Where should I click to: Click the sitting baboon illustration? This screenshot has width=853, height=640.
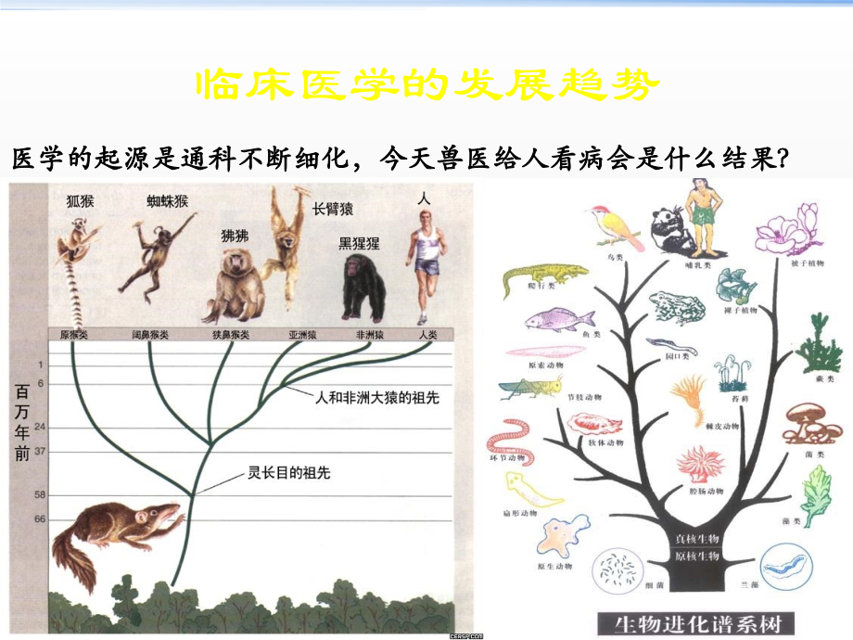point(233,283)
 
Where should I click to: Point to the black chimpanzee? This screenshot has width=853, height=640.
point(363,288)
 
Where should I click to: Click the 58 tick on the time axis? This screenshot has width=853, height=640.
point(40,495)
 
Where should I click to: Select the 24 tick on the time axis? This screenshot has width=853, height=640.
point(40,429)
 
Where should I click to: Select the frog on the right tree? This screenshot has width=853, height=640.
point(678,307)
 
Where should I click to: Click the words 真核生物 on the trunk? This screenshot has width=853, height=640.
point(697,538)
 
